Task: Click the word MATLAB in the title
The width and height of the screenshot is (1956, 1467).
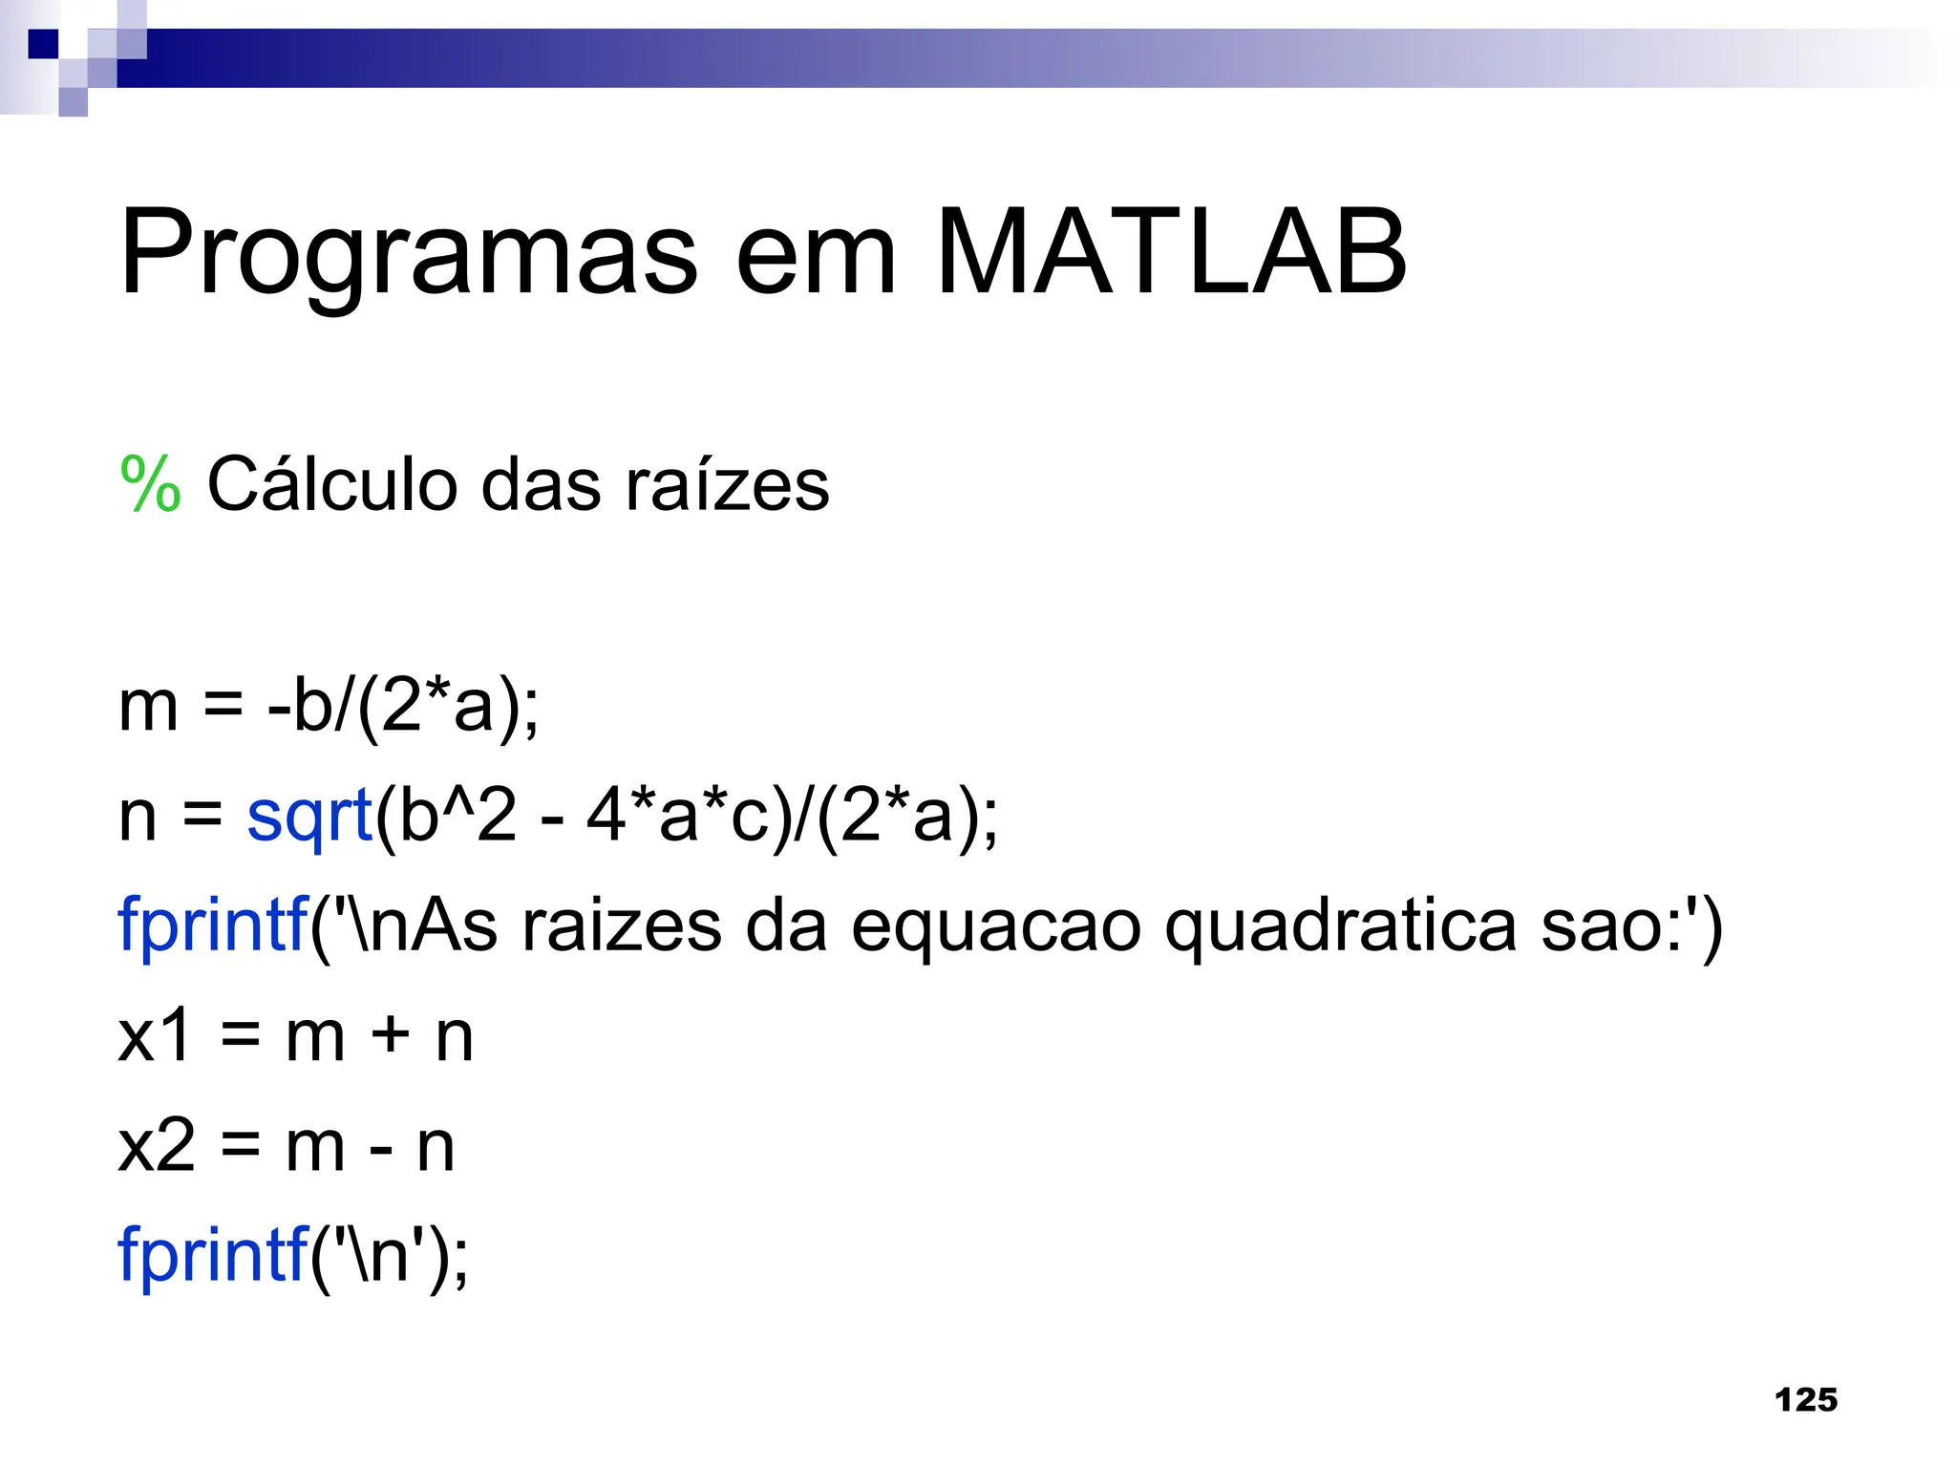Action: click(1171, 252)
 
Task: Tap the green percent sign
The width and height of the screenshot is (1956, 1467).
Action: click(150, 484)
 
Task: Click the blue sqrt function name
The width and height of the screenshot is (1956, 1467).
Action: click(308, 816)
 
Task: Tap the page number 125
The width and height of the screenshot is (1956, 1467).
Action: click(1805, 1400)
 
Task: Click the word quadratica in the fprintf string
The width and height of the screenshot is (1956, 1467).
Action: click(1340, 926)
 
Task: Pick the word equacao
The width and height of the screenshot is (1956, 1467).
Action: click(996, 926)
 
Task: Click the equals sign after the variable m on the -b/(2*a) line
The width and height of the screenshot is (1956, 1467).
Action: click(223, 707)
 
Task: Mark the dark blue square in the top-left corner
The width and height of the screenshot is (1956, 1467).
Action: click(42, 43)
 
